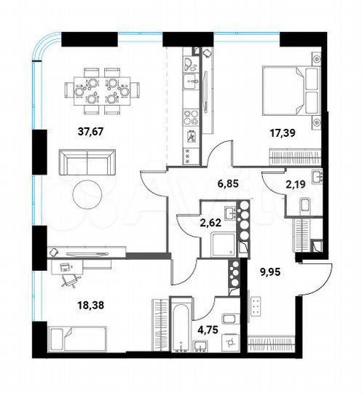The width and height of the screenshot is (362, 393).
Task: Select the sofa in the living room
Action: click(x=87, y=160)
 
